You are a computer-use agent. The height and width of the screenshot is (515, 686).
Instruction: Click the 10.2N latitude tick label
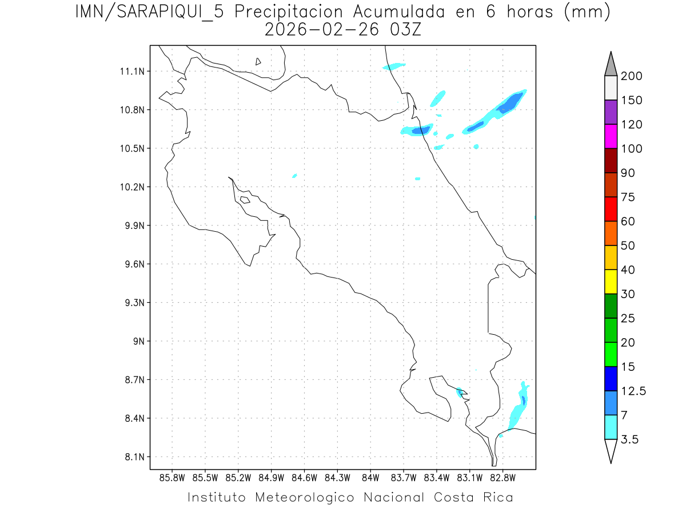(133, 187)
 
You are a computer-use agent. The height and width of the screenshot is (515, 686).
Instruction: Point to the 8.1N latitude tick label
(133, 457)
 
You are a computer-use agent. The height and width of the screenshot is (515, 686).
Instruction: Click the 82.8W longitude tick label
(502, 478)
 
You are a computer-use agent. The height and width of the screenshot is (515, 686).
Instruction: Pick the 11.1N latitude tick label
(133, 72)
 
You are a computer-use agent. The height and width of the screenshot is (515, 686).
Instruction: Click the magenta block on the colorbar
(611, 136)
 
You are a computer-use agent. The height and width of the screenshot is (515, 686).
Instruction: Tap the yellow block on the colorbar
(611, 282)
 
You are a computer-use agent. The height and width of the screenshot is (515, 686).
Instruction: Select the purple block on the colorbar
(611, 112)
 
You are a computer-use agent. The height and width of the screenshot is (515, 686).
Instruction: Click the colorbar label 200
(631, 76)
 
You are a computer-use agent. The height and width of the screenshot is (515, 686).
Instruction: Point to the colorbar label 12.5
(633, 391)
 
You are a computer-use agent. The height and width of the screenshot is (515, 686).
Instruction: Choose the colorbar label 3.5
(631, 439)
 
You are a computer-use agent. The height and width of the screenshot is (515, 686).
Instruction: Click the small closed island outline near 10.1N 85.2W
(245, 200)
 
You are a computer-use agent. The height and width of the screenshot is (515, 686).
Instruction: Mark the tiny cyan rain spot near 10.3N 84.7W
(294, 176)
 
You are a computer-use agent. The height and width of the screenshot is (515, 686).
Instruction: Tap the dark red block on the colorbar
(611, 160)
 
